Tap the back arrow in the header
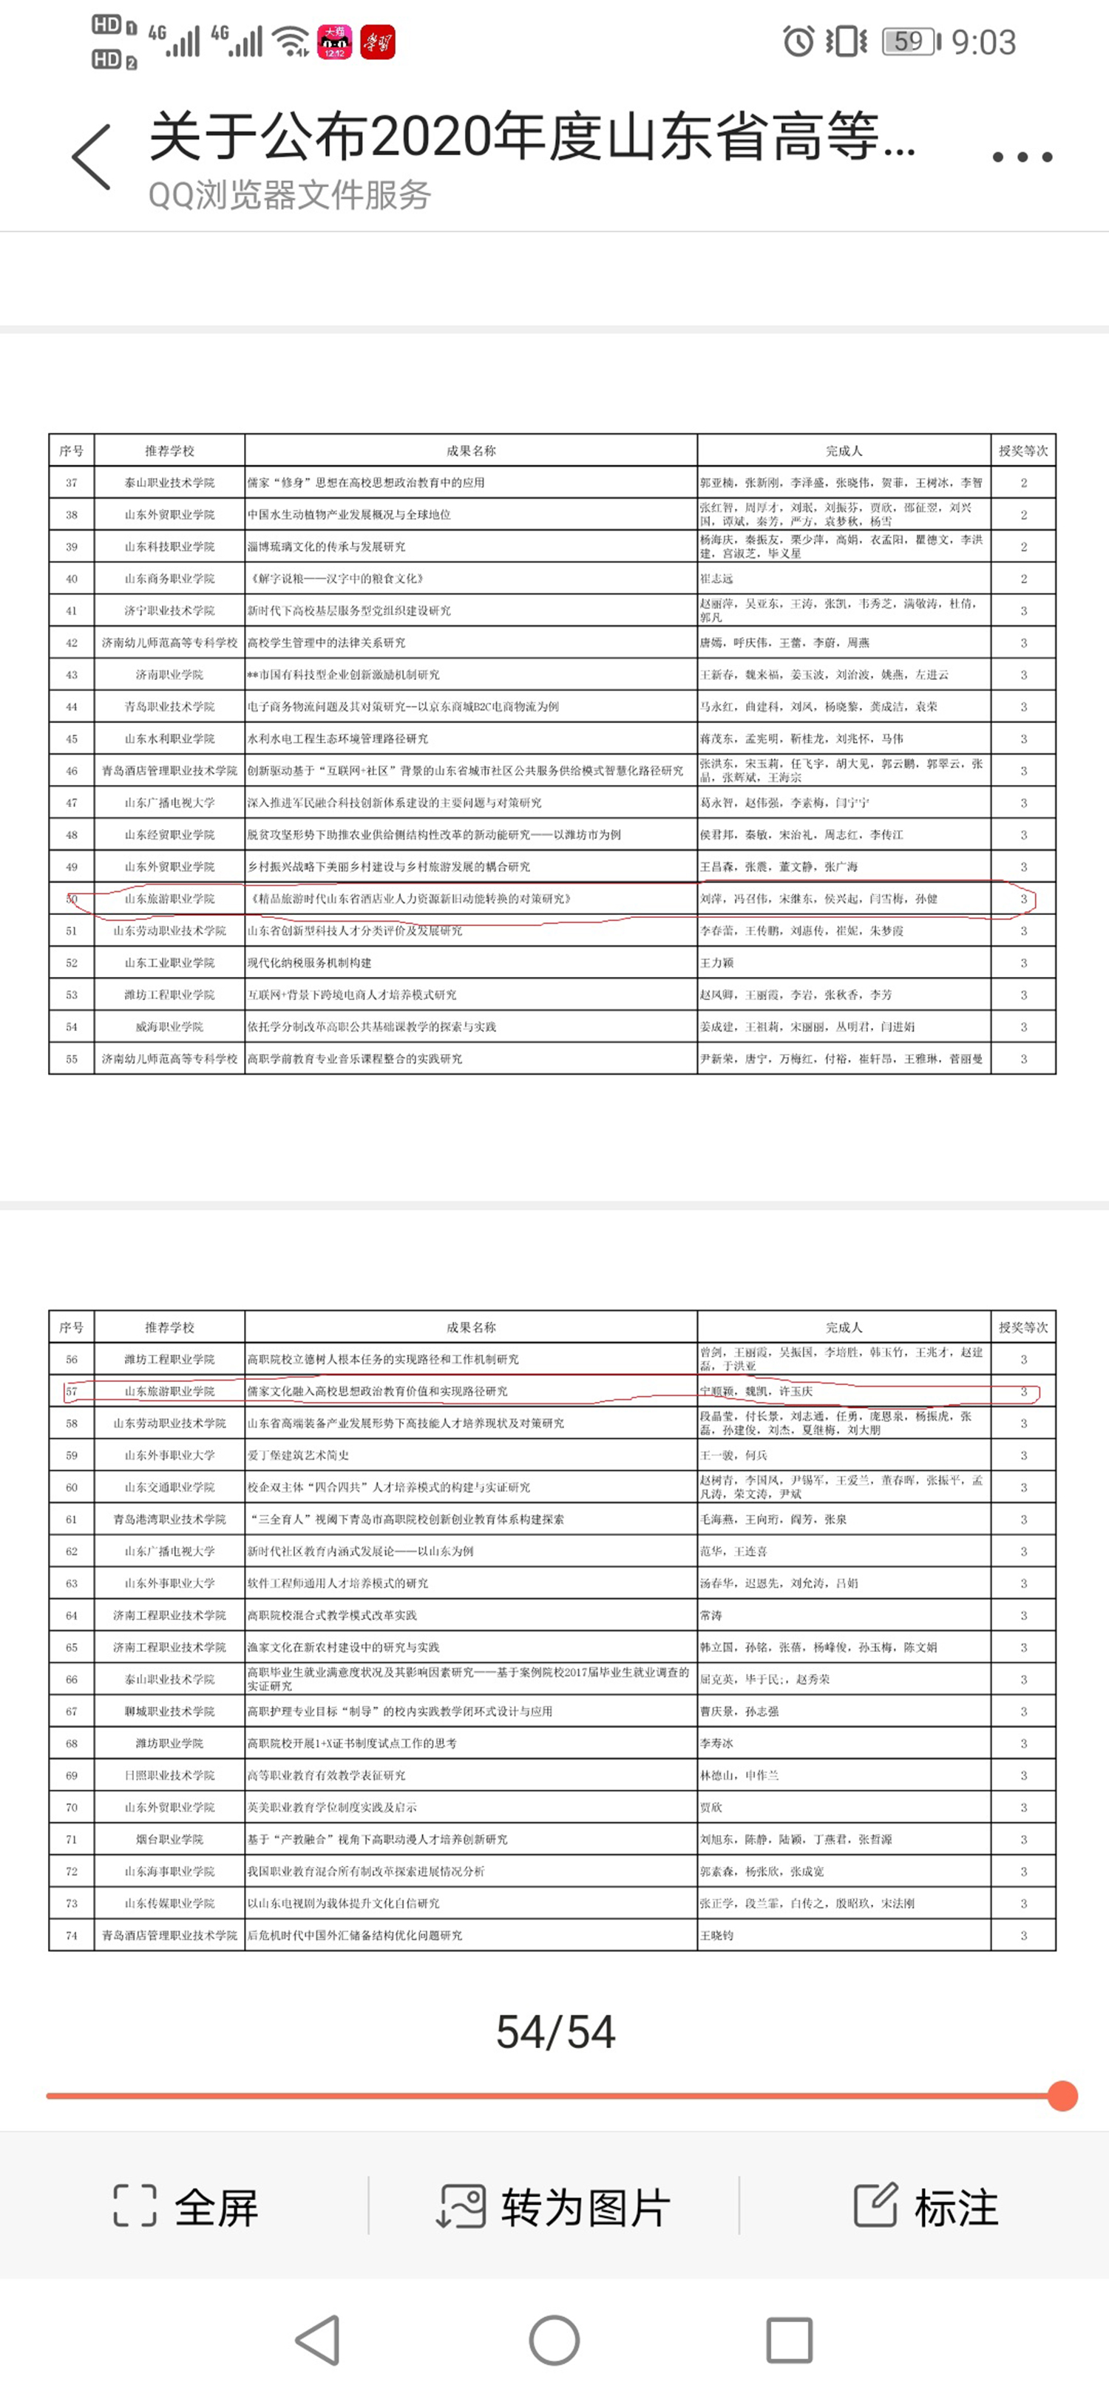click(92, 157)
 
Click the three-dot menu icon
click(1022, 157)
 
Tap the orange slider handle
click(1062, 2096)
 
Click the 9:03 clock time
click(983, 42)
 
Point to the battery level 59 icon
click(909, 42)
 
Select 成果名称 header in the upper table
click(471, 450)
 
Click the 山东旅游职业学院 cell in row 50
click(170, 899)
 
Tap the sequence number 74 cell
click(72, 1936)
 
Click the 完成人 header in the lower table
click(844, 1327)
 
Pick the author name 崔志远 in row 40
click(716, 579)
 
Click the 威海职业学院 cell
click(170, 1027)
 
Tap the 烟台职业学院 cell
click(170, 1840)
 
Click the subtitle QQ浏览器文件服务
click(289, 195)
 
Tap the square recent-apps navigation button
click(789, 2341)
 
